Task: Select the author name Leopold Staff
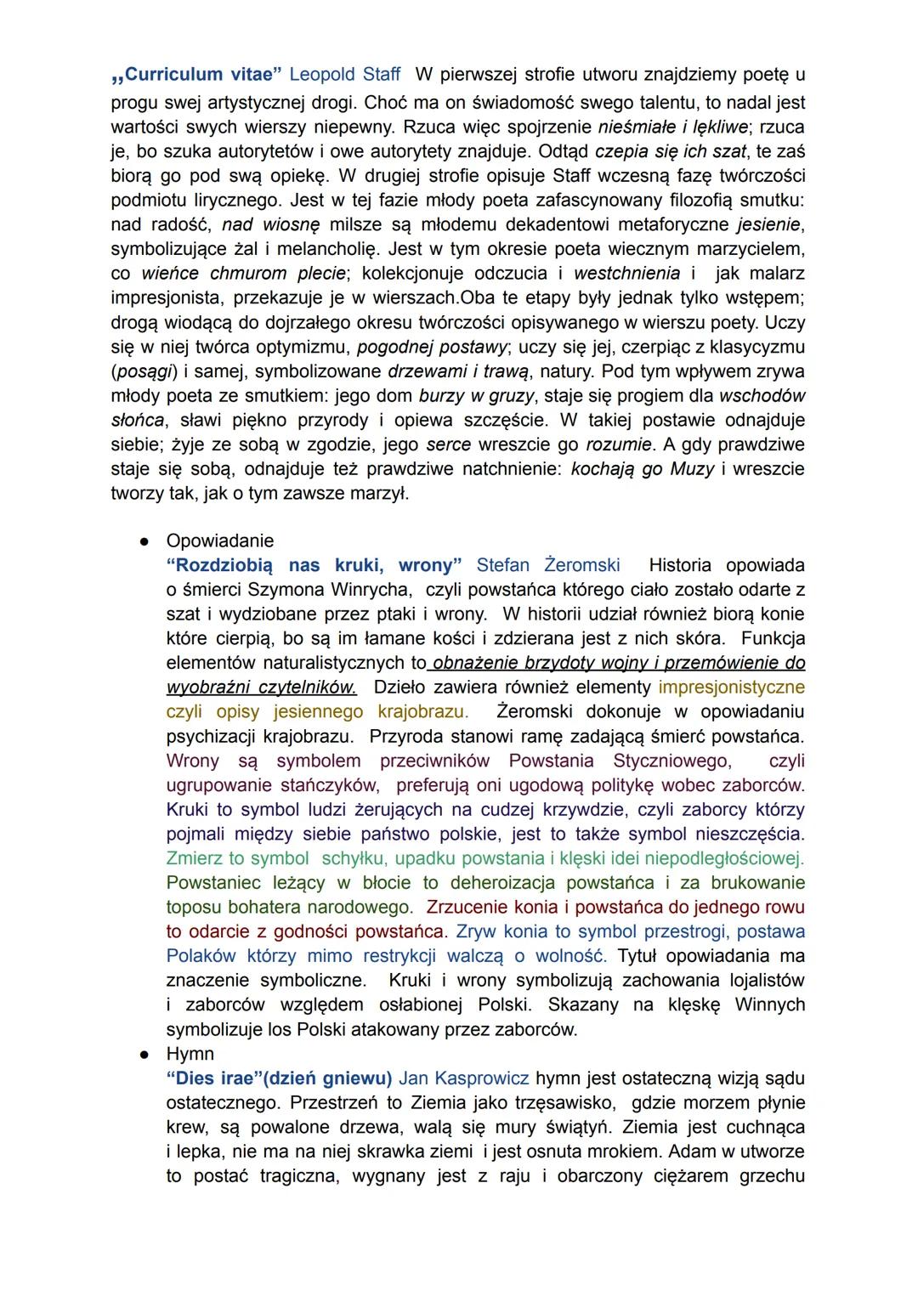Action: coord(344,75)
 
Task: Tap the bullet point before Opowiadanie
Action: coord(145,540)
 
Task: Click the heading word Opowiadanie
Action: coord(220,540)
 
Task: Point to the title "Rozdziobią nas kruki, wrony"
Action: coord(314,565)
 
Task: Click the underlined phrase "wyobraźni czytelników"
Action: coord(262,687)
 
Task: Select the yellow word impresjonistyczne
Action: coord(731,687)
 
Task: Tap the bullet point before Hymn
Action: coord(145,1054)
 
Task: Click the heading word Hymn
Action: coord(190,1054)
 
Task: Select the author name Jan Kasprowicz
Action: coord(463,1078)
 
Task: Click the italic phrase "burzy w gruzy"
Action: coord(476,396)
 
